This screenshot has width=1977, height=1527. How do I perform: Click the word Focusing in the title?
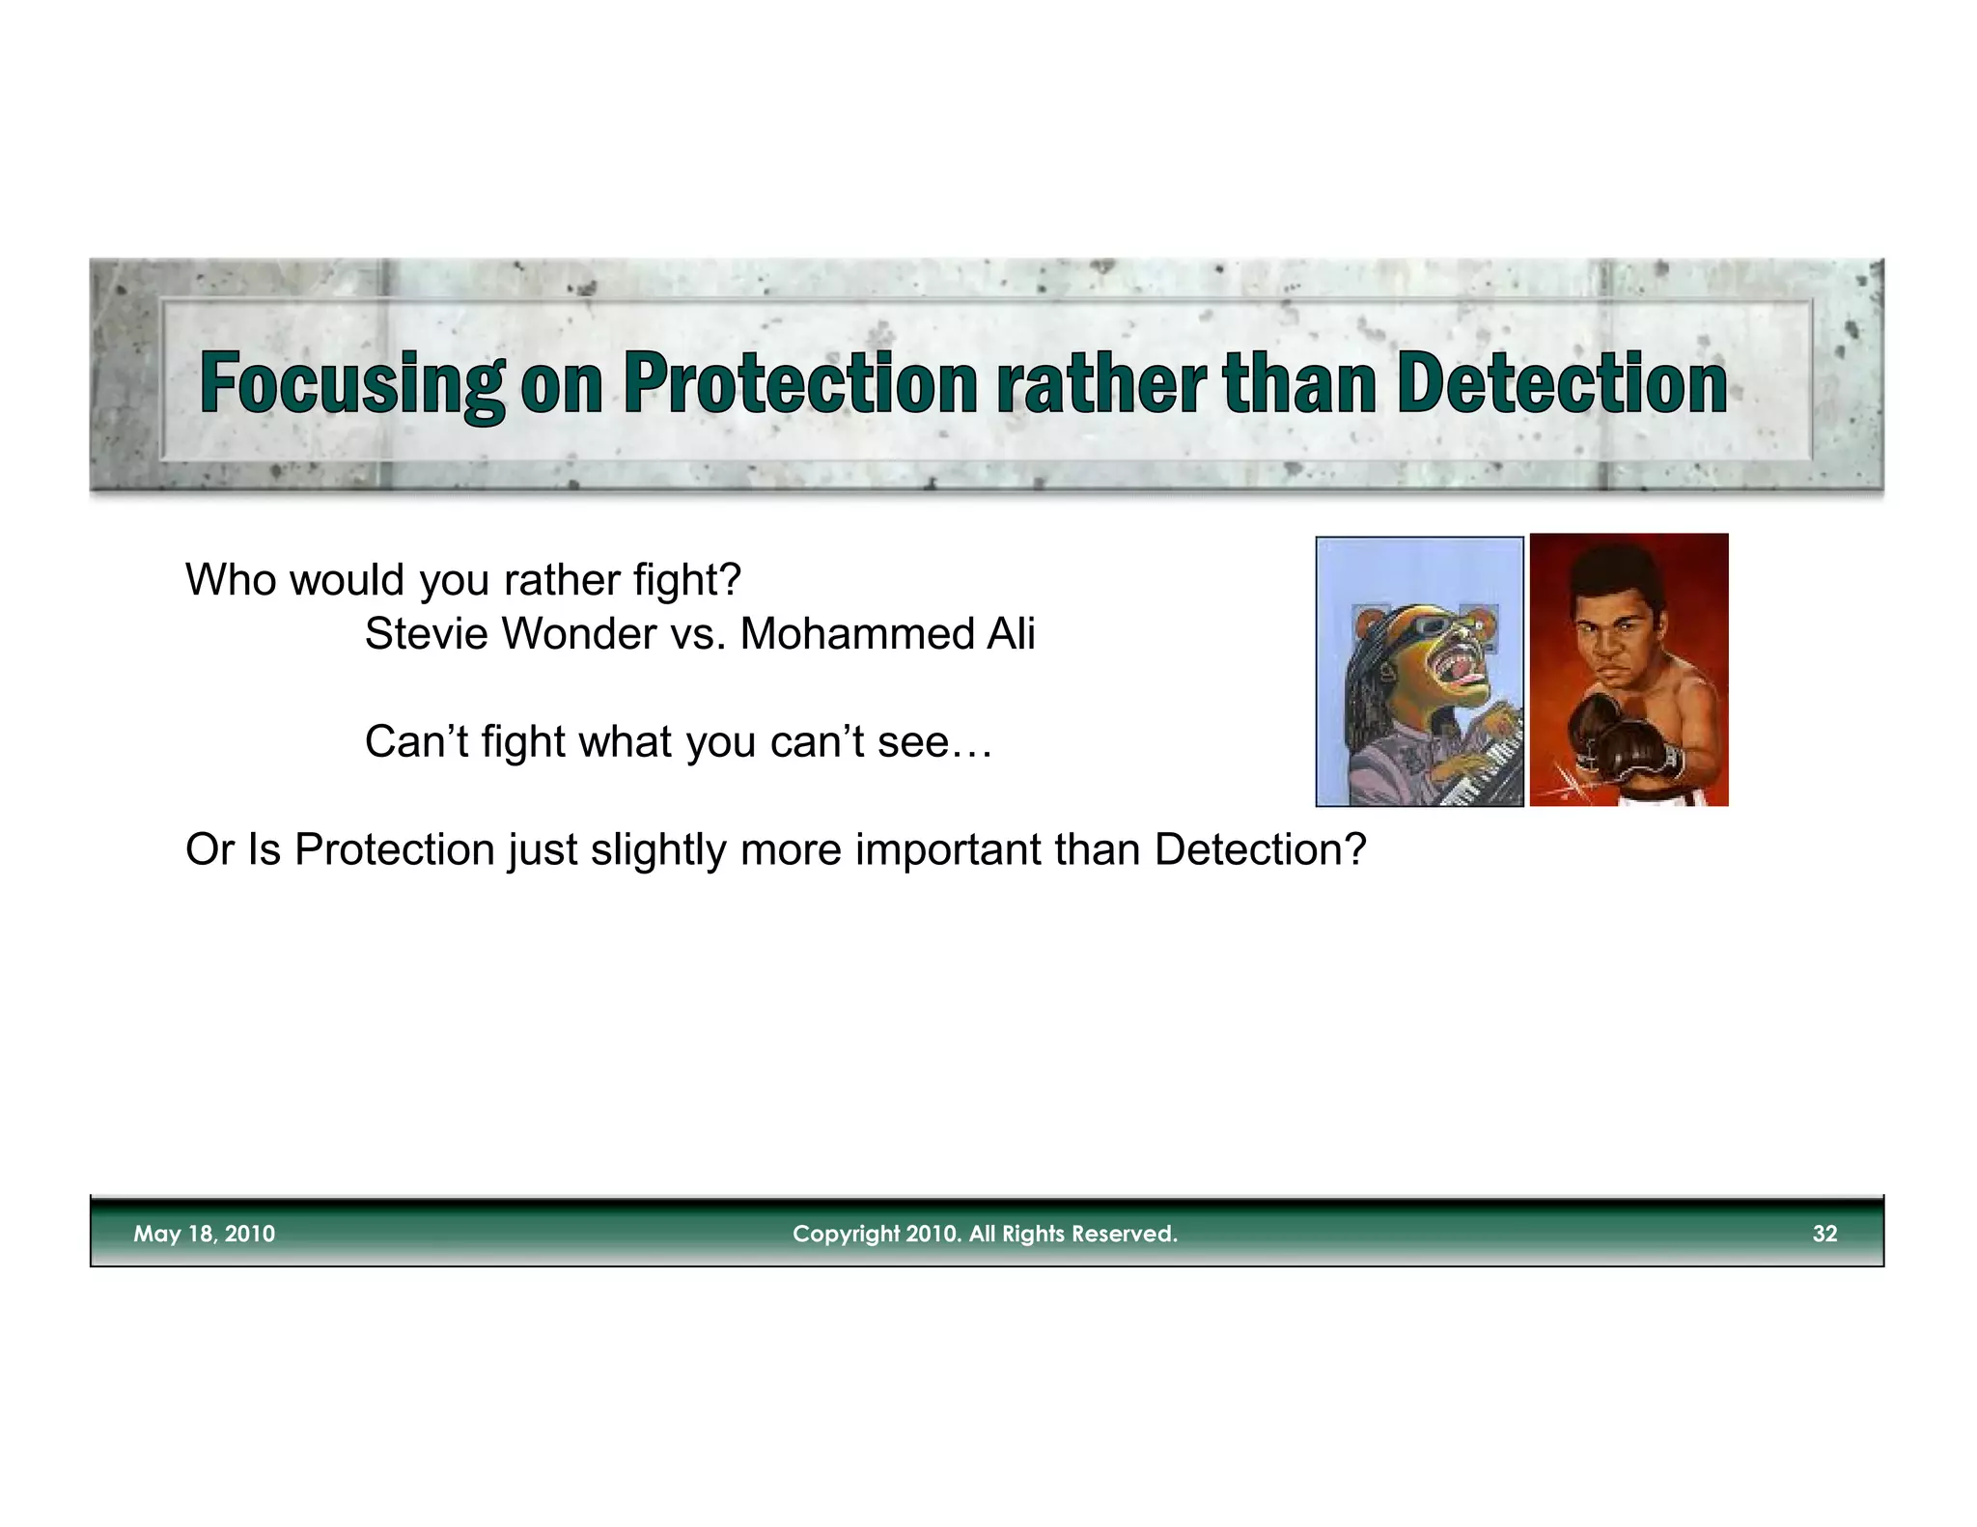pos(351,384)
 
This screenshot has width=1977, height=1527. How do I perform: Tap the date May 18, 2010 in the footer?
pos(204,1234)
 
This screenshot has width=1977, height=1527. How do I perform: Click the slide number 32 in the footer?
pos(1824,1234)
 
